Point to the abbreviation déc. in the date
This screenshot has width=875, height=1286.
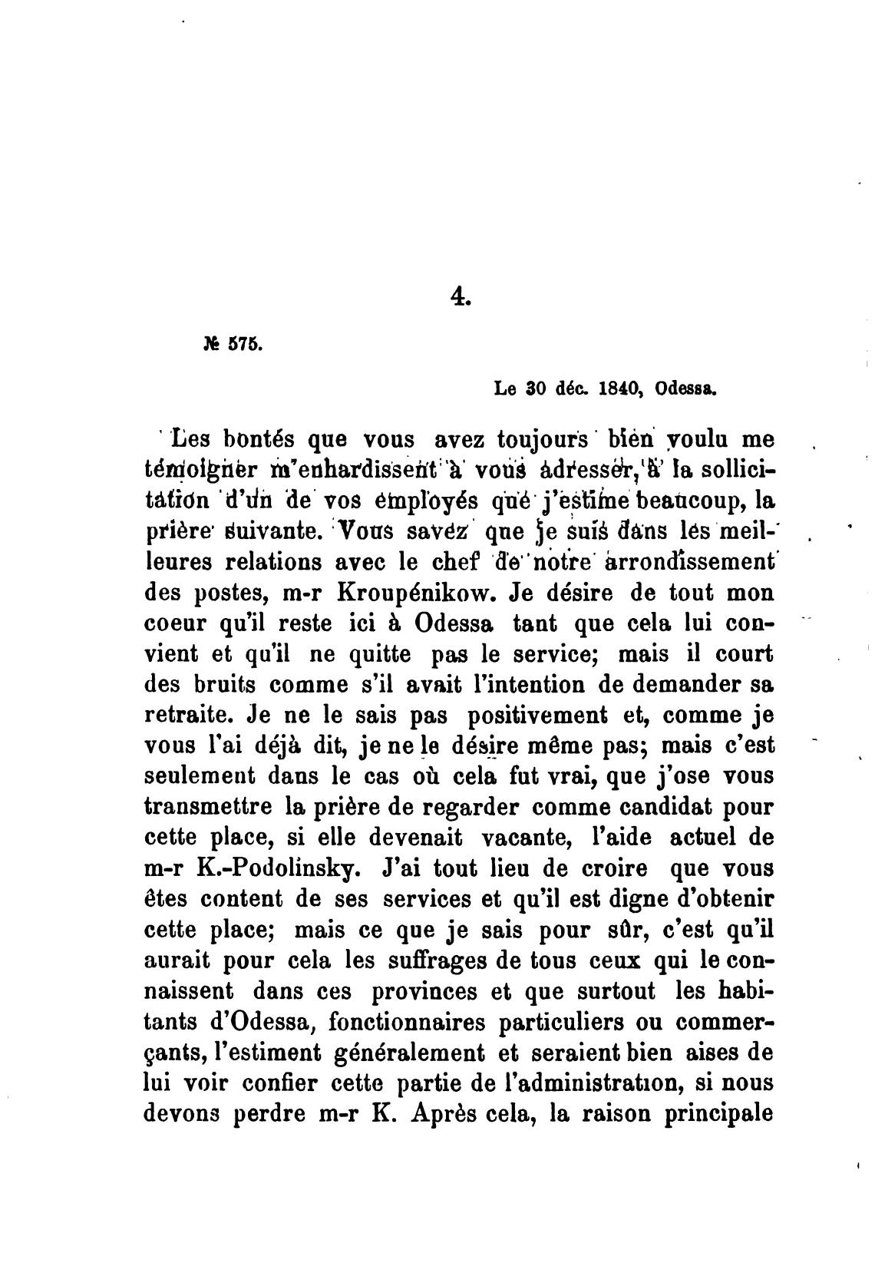pyautogui.click(x=569, y=388)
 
